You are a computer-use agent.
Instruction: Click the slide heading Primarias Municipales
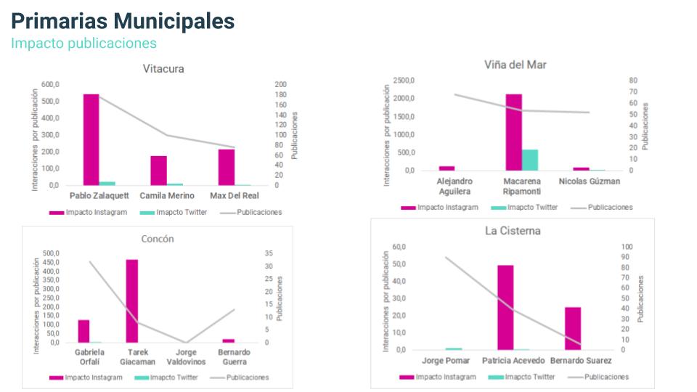(x=123, y=21)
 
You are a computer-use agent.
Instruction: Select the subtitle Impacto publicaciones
(x=83, y=43)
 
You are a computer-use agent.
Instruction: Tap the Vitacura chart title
(x=163, y=69)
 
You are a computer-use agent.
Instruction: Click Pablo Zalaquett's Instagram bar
(x=91, y=139)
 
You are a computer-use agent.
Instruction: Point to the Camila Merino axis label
(x=167, y=196)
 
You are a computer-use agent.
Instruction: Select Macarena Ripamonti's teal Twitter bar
(x=529, y=160)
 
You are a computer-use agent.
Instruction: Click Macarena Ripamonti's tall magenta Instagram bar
(x=513, y=132)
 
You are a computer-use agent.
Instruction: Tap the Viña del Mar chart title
(x=515, y=65)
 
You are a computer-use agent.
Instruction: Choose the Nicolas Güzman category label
(x=590, y=181)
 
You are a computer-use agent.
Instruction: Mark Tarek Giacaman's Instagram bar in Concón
(x=131, y=301)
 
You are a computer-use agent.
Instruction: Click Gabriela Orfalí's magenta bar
(x=83, y=331)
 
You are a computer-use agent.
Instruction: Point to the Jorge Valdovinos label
(x=186, y=356)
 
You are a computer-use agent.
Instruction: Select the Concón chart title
(x=157, y=239)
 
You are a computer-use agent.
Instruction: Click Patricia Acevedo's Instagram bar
(x=505, y=307)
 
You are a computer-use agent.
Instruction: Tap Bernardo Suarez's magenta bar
(x=573, y=328)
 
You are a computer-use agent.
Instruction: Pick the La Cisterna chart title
(x=513, y=231)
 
